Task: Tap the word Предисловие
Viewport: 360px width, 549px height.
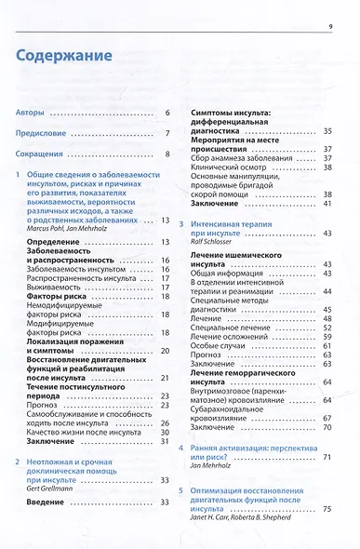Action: tap(44, 133)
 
